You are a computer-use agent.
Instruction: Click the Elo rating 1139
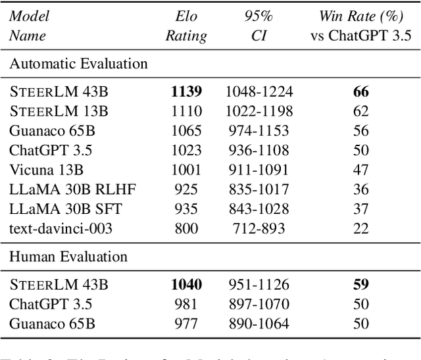pos(187,91)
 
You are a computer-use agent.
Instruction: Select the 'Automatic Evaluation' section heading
pos(78,64)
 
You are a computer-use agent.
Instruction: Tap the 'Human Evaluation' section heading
pos(68,257)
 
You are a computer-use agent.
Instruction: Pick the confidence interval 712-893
pos(259,228)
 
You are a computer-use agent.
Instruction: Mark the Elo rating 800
pos(187,228)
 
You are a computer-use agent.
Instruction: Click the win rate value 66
pos(360,91)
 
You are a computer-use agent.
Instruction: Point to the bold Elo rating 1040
pos(187,284)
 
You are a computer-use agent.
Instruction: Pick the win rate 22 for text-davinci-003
pos(360,228)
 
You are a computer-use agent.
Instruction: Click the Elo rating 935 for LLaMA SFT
pos(187,209)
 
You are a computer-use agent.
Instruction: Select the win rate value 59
pos(360,284)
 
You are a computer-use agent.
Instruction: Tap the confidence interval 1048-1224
pos(259,91)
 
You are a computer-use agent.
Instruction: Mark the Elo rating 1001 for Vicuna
pos(187,170)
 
